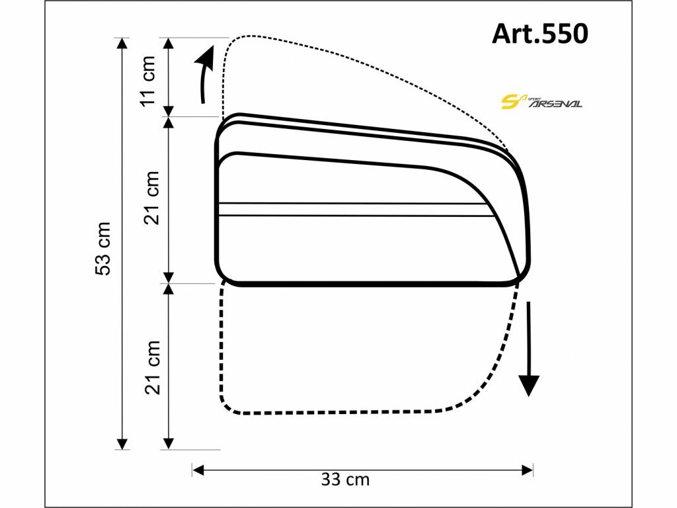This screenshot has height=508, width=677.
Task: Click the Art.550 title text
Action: [x=539, y=33]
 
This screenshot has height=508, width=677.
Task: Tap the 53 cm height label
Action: [x=103, y=249]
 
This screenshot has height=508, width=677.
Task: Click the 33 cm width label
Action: [x=345, y=480]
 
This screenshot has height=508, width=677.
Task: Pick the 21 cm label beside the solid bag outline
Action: [x=152, y=197]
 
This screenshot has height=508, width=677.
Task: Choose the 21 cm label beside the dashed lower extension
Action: [x=152, y=367]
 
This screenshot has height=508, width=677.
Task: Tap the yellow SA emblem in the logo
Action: [x=513, y=101]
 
